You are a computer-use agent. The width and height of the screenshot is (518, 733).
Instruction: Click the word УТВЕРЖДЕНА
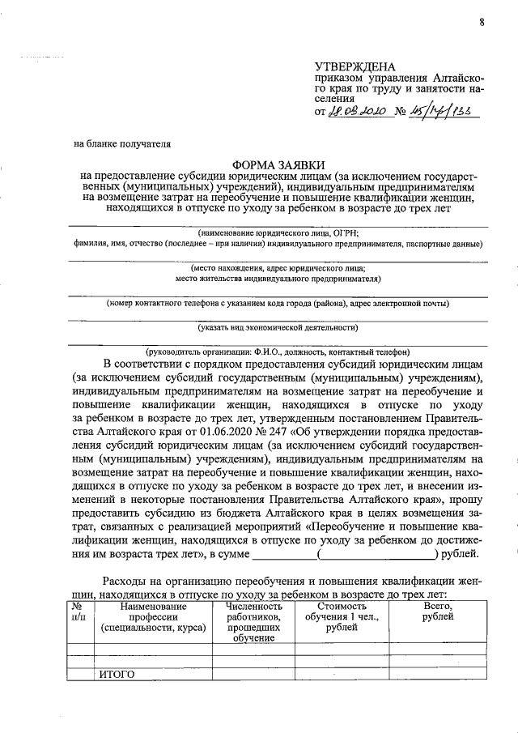coord(355,66)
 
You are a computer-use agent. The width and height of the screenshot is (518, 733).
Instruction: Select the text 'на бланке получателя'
coord(122,145)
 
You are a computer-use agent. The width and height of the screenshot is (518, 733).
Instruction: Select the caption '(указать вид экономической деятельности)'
coord(278,328)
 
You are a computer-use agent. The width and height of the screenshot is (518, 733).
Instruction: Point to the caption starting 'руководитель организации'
coord(278,352)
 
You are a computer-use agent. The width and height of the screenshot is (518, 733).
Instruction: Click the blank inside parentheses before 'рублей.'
coord(378,556)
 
